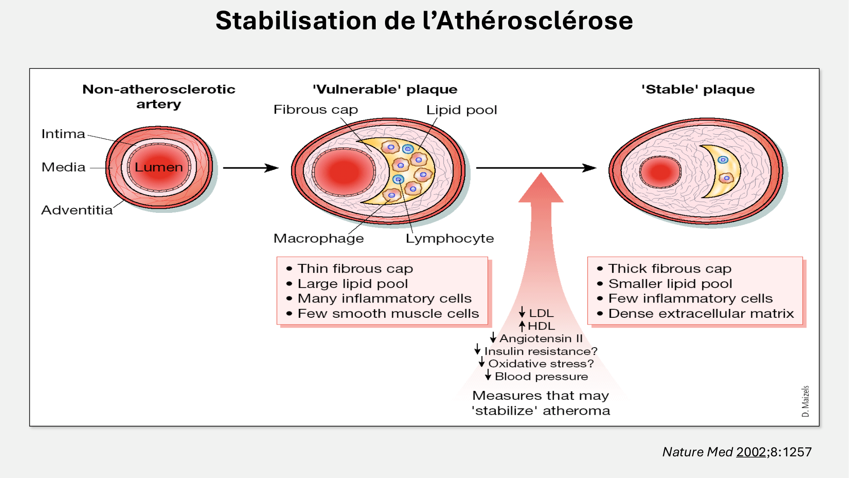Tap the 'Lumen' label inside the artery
[159, 167]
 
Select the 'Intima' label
[63, 134]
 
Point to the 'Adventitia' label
[77, 210]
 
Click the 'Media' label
[64, 167]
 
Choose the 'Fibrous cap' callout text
[315, 110]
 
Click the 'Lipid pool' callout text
[461, 110]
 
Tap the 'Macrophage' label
[318, 238]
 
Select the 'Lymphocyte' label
[450, 238]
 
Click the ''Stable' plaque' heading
[698, 89]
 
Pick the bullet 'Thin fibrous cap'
[355, 269]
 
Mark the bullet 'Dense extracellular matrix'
[701, 314]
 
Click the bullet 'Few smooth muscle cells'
[388, 314]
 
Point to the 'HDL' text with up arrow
[541, 326]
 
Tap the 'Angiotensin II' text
[541, 338]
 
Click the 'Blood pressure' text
[541, 376]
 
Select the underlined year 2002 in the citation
[751, 452]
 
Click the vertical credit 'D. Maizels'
[805, 401]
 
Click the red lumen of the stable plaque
[660, 172]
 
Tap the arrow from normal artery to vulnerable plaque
[250, 168]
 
